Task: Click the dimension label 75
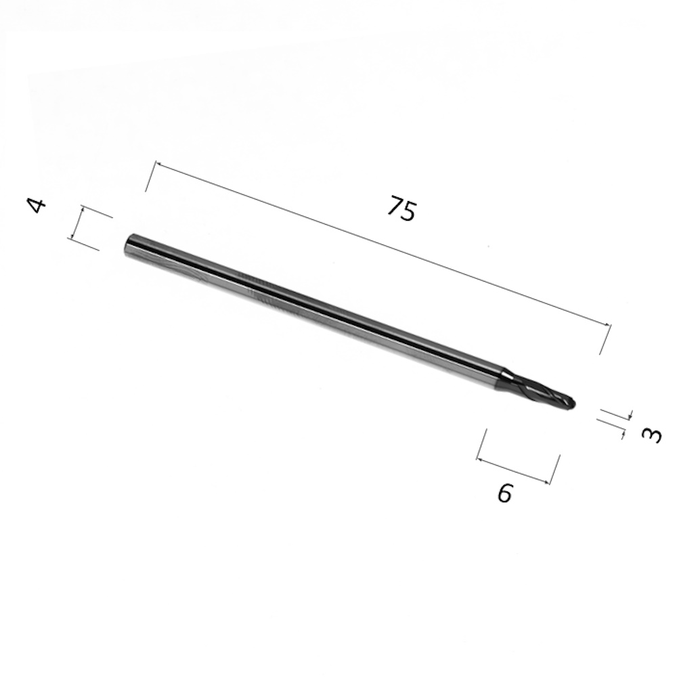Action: point(401,209)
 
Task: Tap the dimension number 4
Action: point(37,206)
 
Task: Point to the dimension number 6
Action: point(505,493)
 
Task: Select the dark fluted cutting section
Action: point(542,391)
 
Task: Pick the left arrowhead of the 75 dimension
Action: point(158,165)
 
